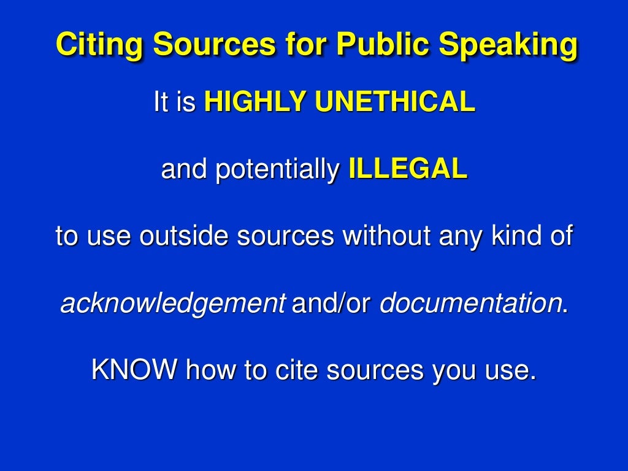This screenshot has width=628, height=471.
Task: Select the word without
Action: click(x=381, y=236)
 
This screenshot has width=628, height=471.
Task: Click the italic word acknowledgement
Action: click(x=172, y=304)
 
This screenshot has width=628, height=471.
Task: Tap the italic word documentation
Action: click(x=471, y=303)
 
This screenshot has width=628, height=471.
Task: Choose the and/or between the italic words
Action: click(x=332, y=303)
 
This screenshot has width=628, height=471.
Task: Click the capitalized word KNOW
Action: click(x=134, y=370)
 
